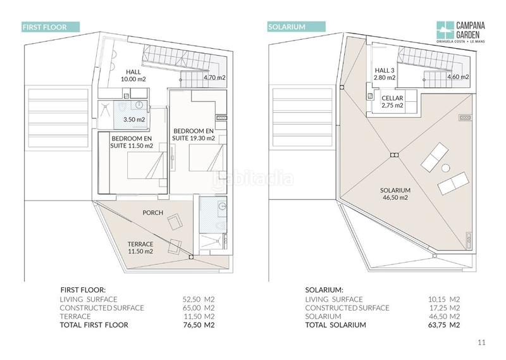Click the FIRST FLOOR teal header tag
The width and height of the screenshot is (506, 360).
point(51,27)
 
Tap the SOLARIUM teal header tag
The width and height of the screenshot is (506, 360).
point(296,27)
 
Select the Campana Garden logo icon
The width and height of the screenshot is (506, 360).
point(445,30)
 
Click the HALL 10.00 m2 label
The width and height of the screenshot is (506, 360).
point(133,75)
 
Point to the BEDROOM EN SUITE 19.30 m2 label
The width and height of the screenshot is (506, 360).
point(194,135)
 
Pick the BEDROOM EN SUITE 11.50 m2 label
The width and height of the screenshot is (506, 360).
point(132,142)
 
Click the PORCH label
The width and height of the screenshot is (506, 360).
point(153,213)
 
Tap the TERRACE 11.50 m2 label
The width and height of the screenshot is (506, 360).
point(140,247)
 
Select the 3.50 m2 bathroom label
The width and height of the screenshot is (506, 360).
point(134,120)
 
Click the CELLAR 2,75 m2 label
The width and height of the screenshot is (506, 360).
point(392,102)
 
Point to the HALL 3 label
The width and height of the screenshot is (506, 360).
point(385,70)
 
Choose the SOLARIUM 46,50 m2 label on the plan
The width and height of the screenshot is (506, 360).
point(395,194)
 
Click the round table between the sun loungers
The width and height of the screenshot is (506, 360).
point(446,168)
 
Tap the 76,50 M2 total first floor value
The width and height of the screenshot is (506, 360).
point(199,325)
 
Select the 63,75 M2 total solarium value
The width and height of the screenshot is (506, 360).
point(444,325)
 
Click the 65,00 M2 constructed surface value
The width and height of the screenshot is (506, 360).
point(199,307)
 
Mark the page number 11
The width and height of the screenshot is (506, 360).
point(481,342)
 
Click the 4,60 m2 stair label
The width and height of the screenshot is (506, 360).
point(458,77)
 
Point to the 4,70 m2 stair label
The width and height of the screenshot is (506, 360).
point(214,77)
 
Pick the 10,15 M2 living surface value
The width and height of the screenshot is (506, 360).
point(444,299)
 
